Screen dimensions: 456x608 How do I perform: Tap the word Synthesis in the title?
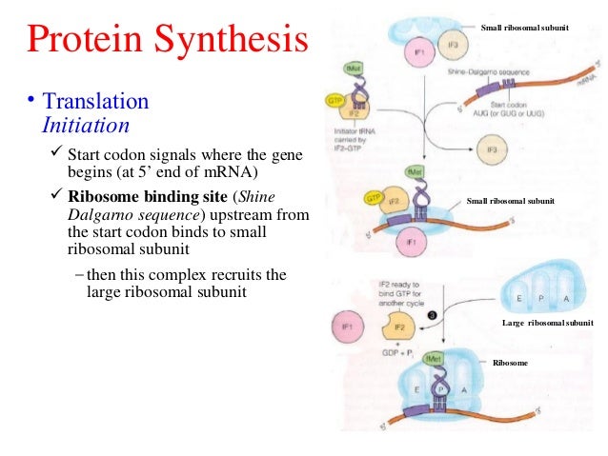pyautogui.click(x=233, y=41)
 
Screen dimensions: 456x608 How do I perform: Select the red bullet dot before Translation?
pyautogui.click(x=32, y=100)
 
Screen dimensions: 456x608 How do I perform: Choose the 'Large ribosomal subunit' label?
pyautogui.click(x=547, y=324)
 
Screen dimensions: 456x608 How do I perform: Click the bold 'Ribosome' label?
pyautogui.click(x=509, y=363)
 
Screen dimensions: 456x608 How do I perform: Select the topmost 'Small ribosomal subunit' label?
pyautogui.click(x=524, y=28)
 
